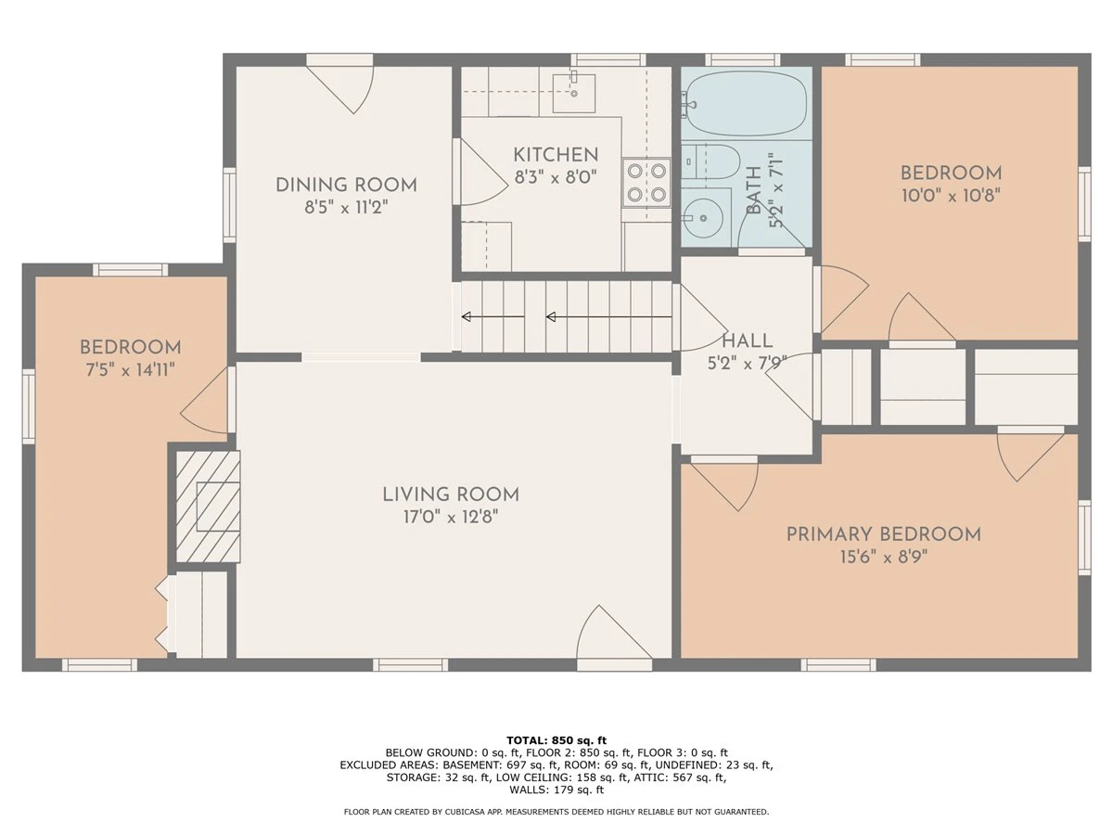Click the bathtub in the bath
pos(745,103)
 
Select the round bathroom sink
pos(703,219)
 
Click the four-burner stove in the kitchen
pos(646,183)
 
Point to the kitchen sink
pos(573,94)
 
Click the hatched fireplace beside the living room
pos(208,507)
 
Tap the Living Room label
pos(451,495)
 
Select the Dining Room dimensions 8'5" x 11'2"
pos(346,207)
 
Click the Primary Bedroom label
pos(883,535)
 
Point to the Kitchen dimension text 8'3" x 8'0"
pos(556,177)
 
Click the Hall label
pos(748,341)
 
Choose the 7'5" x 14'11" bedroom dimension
pos(131,370)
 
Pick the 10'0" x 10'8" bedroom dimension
pos(951,196)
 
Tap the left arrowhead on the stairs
pos(466,317)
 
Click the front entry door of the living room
pos(615,637)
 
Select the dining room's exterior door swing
pos(340,86)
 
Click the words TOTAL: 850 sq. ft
pos(556,740)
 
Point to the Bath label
pos(754,190)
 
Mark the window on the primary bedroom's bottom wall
pos(838,664)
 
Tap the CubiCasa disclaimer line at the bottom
pos(556,812)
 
